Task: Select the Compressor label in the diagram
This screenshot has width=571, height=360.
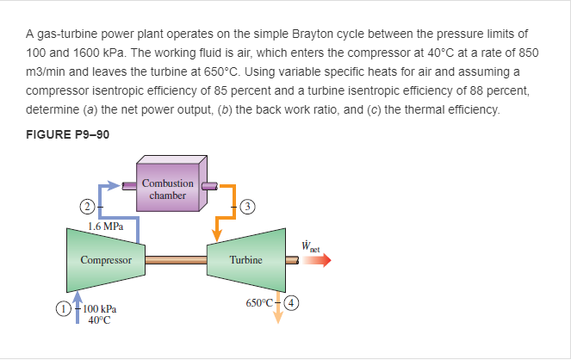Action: [106, 259]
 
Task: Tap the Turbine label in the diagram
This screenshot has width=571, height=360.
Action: [246, 259]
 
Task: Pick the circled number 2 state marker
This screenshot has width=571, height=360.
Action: [86, 206]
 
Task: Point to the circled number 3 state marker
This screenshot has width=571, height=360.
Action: [247, 206]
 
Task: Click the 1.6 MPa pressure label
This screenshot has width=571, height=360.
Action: [105, 227]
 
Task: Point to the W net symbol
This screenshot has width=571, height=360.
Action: [312, 244]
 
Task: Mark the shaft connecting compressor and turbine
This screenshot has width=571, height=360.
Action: [176, 258]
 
